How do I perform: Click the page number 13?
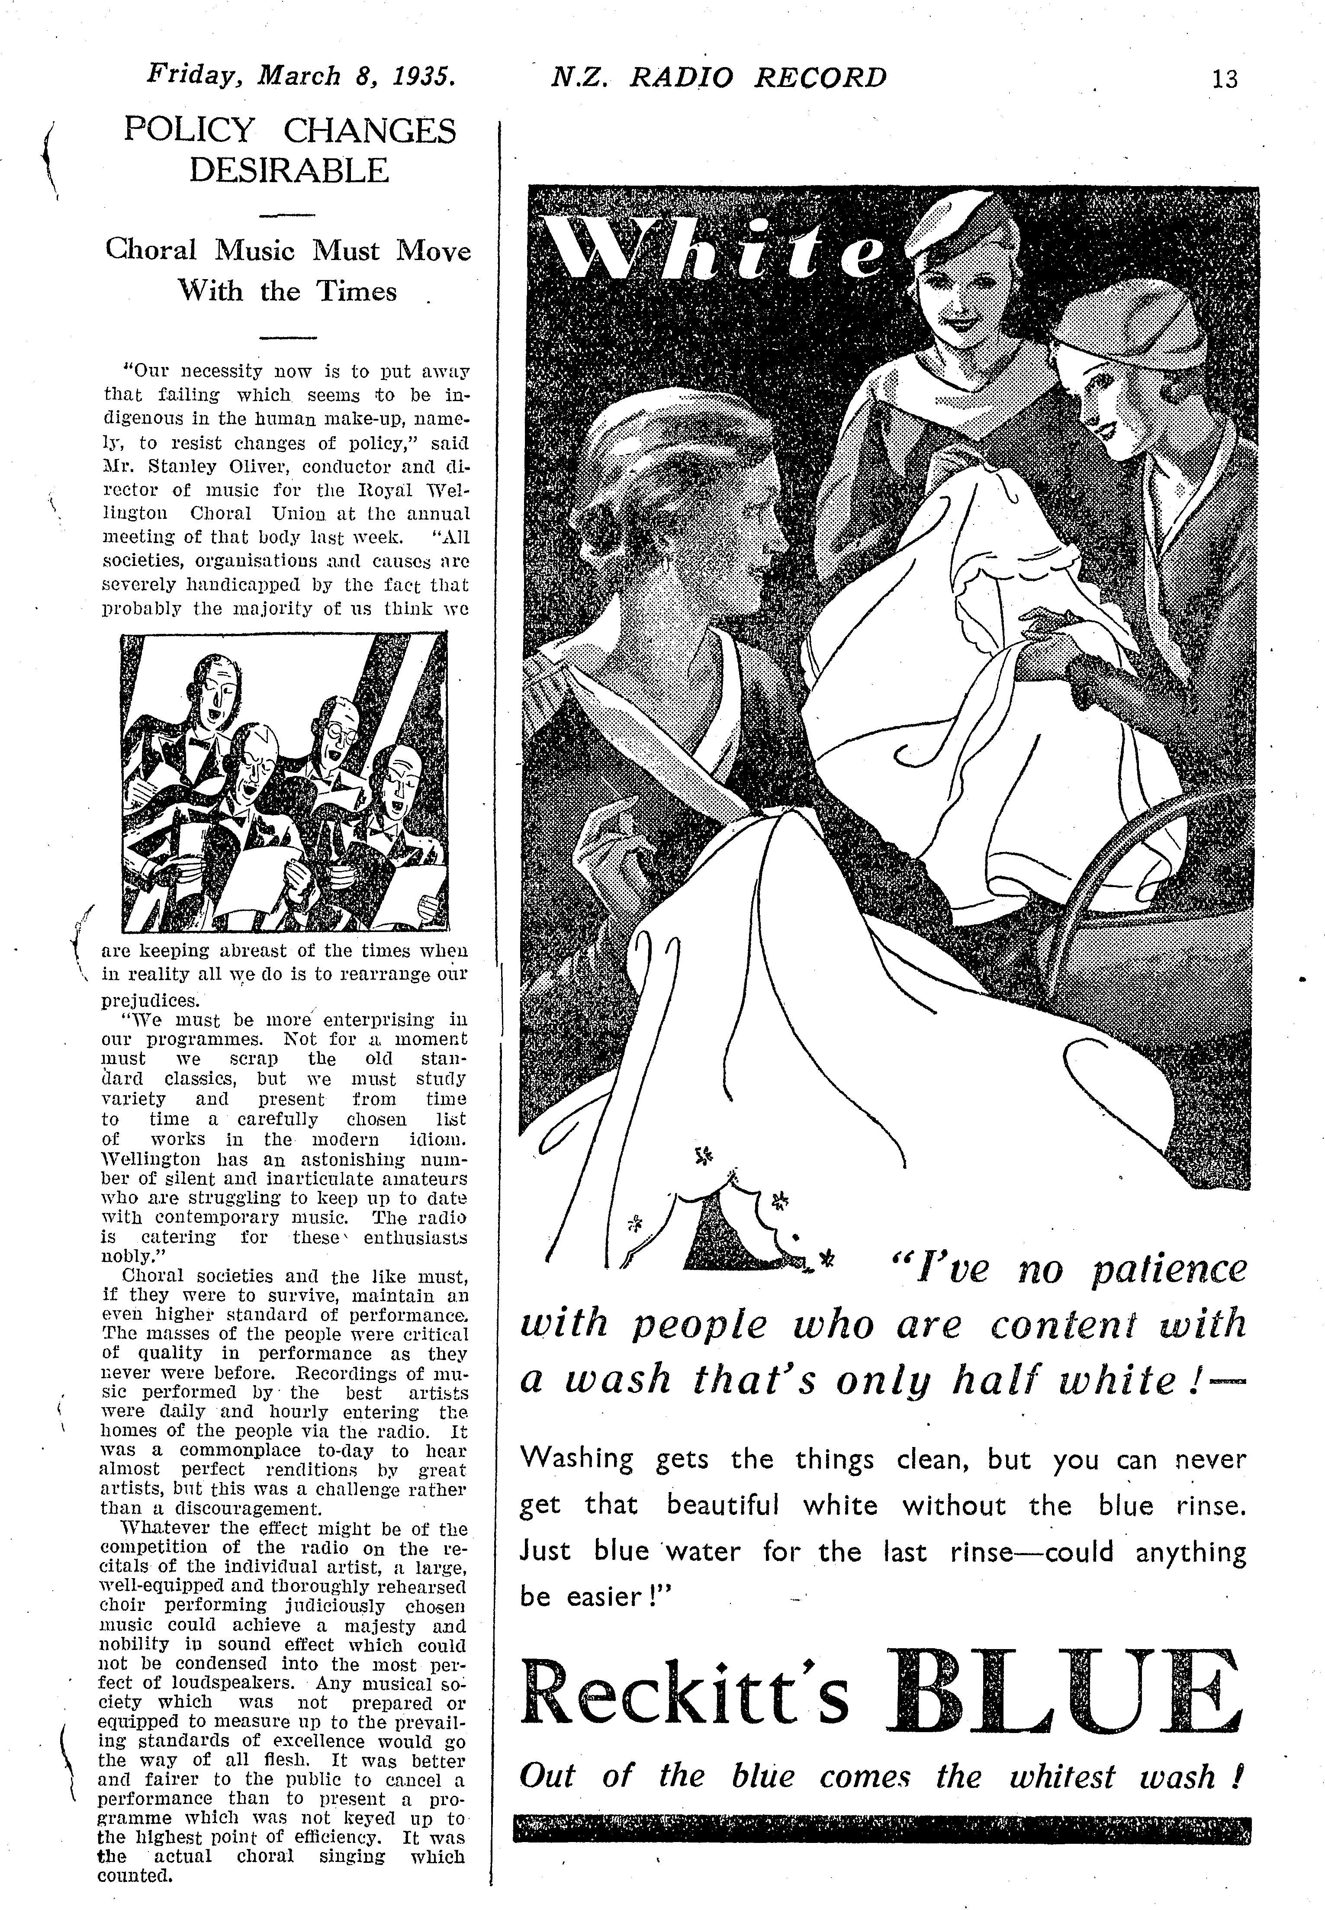click(1224, 79)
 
